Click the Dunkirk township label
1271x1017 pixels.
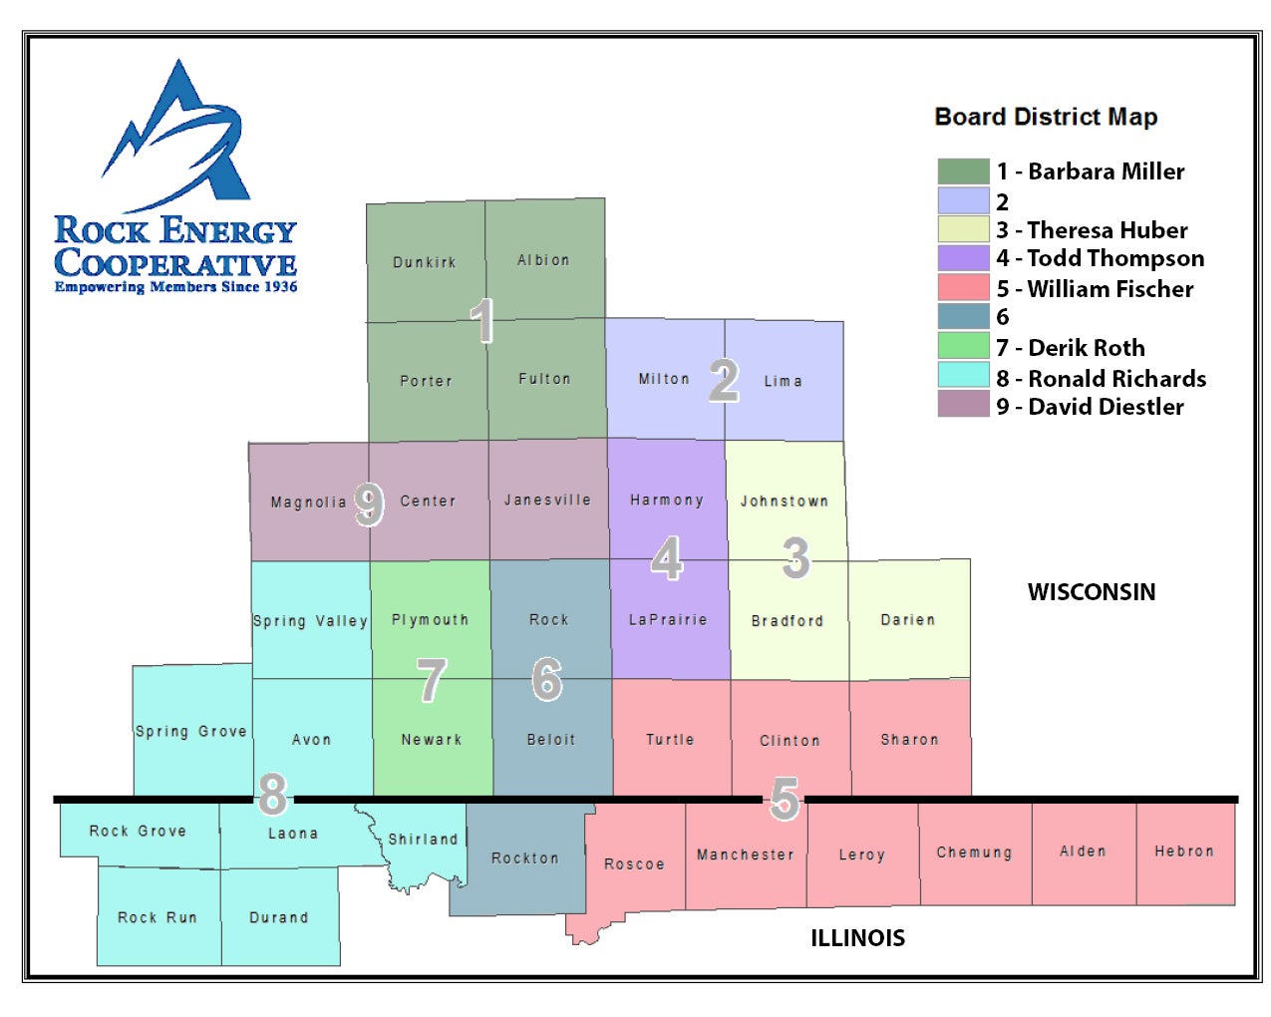point(424,262)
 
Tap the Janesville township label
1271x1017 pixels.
point(547,500)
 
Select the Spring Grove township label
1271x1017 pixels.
point(190,731)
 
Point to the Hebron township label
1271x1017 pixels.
point(1184,850)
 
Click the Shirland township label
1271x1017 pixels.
point(423,840)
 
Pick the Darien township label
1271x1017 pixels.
point(908,619)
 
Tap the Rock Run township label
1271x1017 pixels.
point(158,917)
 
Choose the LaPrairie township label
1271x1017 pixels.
point(668,619)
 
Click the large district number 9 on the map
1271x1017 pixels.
point(369,504)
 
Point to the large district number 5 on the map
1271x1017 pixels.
point(785,798)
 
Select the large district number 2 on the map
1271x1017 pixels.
point(724,380)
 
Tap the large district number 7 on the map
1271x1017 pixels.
point(431,680)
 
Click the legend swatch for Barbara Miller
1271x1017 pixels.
point(962,171)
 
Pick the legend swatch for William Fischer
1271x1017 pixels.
point(962,288)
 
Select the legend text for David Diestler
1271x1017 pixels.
point(1090,407)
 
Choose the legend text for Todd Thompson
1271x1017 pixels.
point(1100,258)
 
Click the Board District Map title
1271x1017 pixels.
point(1046,117)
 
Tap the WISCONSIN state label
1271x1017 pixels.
point(1092,592)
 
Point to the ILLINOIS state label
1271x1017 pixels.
point(857,938)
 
